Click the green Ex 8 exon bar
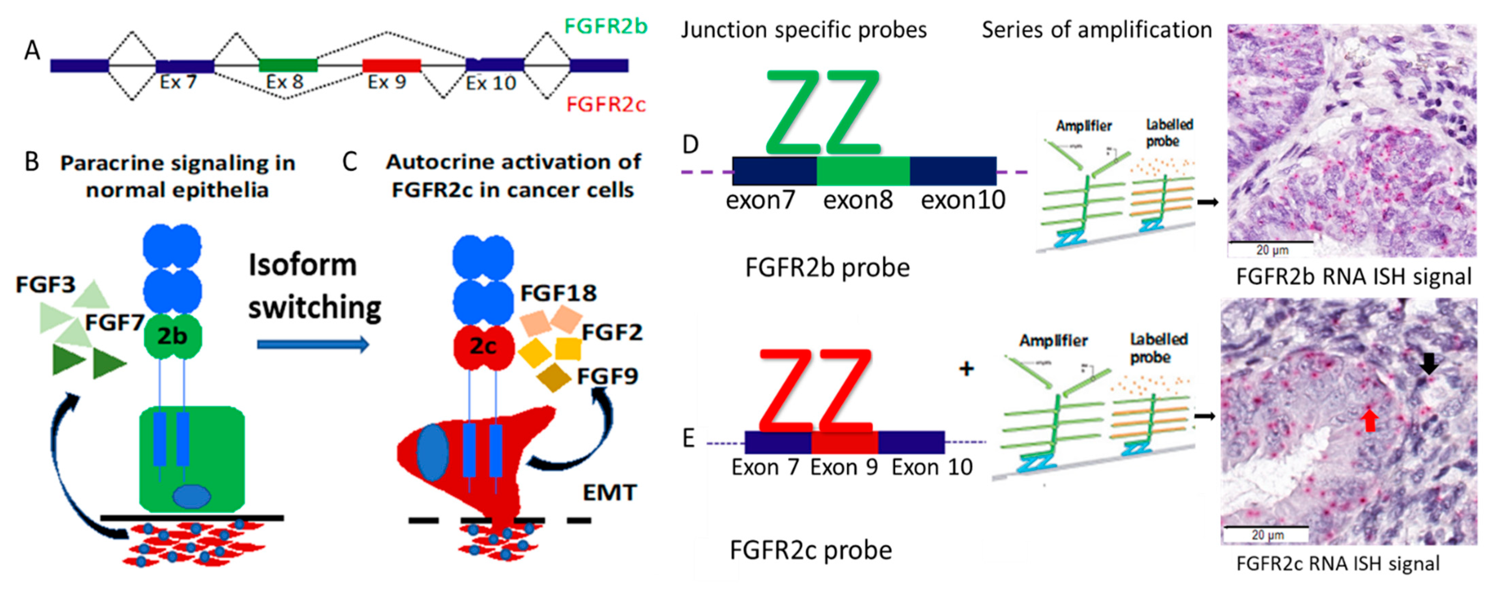(x=288, y=65)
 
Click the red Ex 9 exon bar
(x=391, y=65)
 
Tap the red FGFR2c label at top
(x=606, y=105)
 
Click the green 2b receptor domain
(x=173, y=335)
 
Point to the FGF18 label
(x=558, y=293)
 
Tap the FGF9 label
(x=607, y=377)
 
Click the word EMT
(x=609, y=493)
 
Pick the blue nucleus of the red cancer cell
(x=433, y=453)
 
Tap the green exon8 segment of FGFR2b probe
(x=862, y=171)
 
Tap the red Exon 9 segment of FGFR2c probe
(x=845, y=442)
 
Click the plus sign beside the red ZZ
(x=966, y=368)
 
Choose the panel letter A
(x=32, y=51)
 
